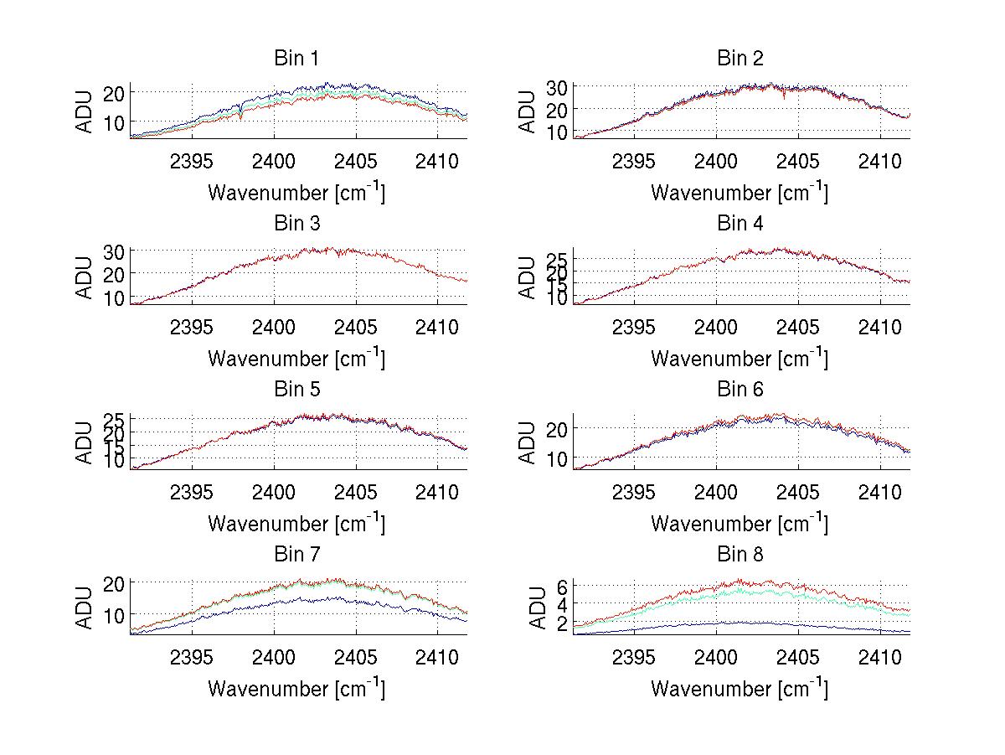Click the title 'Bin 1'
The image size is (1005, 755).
tap(296, 59)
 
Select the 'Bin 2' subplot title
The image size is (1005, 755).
tap(740, 59)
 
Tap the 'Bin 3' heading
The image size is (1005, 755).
tap(296, 224)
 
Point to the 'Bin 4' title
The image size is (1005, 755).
tap(740, 224)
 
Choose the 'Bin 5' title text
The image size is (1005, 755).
tap(296, 390)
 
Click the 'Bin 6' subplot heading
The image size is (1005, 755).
tap(740, 390)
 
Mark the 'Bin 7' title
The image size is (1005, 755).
tap(296, 555)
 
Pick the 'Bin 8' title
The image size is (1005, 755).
tap(740, 555)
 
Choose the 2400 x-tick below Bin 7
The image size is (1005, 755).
tap(274, 656)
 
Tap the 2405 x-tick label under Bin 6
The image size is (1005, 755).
tap(798, 491)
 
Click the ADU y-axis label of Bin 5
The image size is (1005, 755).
tap(85, 442)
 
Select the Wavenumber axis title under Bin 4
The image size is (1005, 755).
tap(740, 358)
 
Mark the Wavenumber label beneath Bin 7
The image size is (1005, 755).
tap(296, 689)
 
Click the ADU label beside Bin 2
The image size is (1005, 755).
tap(528, 111)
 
